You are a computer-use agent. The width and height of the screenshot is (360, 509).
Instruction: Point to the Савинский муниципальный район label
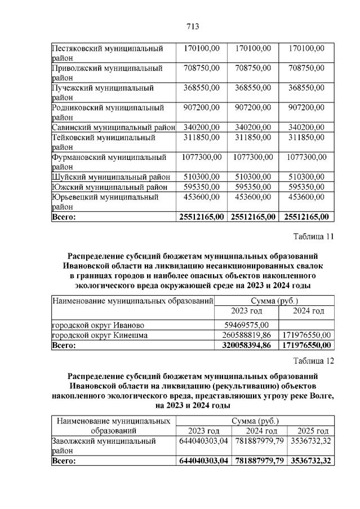coord(113,127)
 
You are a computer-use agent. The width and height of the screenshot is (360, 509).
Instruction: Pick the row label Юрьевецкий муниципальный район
coord(105,202)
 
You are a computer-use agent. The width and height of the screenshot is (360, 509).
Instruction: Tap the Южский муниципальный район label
coord(109,186)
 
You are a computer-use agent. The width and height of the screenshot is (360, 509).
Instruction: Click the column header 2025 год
coord(310,431)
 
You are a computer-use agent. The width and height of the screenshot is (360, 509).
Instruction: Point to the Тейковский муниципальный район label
coord(104,142)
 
